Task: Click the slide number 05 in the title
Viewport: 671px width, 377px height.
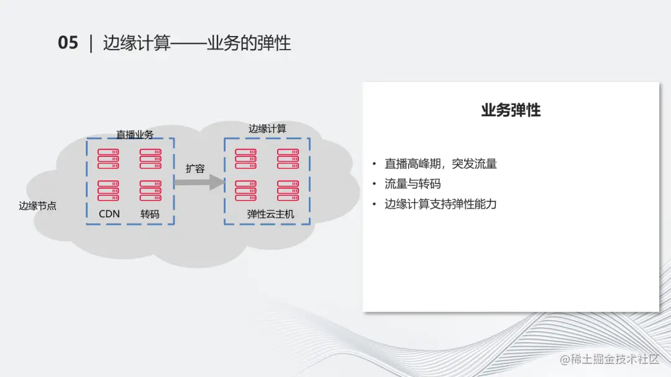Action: point(68,43)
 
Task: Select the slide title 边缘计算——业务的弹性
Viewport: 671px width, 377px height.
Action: point(197,43)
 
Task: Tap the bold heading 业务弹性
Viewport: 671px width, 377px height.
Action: point(511,111)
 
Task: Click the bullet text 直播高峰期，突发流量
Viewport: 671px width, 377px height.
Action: point(440,164)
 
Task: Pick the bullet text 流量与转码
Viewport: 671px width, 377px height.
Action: point(413,184)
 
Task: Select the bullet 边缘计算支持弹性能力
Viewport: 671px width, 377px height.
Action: point(440,204)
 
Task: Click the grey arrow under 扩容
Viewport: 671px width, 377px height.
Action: point(198,182)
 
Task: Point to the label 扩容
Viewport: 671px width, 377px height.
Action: point(195,168)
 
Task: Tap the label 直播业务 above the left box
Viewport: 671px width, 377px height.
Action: point(135,134)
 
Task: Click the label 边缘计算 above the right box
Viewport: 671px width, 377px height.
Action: point(267,129)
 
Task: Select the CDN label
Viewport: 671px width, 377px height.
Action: point(109,214)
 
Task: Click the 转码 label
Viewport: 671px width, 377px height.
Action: point(150,214)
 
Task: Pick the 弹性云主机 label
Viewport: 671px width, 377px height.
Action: point(270,214)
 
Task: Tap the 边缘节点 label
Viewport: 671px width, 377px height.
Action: point(37,206)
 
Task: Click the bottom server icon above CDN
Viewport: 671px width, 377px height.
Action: point(109,190)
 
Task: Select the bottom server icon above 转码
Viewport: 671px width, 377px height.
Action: point(150,190)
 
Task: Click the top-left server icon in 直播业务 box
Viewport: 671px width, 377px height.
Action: point(109,158)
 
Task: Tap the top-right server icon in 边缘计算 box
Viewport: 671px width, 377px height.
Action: point(288,158)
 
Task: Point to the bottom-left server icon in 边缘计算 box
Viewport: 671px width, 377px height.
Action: point(246,190)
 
